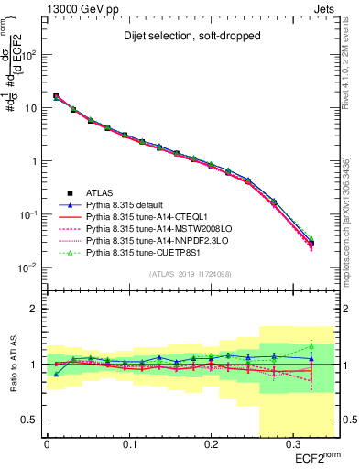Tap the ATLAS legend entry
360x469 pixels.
pyautogui.click(x=101, y=192)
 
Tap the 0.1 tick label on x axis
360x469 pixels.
pyautogui.click(x=128, y=444)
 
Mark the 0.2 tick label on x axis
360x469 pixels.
pyautogui.click(x=210, y=444)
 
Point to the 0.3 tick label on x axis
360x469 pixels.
pyautogui.click(x=291, y=444)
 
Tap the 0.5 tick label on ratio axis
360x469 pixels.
pyautogui.click(x=32, y=420)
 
